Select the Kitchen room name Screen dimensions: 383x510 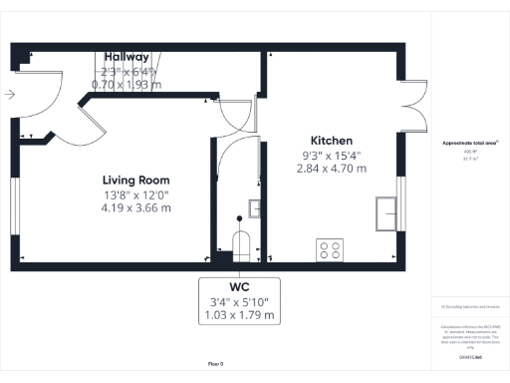click(x=331, y=140)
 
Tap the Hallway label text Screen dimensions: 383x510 click(x=126, y=58)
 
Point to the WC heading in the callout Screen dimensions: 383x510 click(x=238, y=285)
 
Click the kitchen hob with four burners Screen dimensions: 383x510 click(x=329, y=249)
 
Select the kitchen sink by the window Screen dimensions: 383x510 click(x=384, y=210)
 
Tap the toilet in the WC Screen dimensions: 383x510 click(x=240, y=242)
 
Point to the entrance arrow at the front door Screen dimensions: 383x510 click(x=9, y=95)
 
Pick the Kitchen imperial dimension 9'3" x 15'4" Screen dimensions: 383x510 click(x=331, y=155)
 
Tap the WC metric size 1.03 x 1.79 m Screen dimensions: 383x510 click(x=238, y=315)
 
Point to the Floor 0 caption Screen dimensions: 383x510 click(x=215, y=364)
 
